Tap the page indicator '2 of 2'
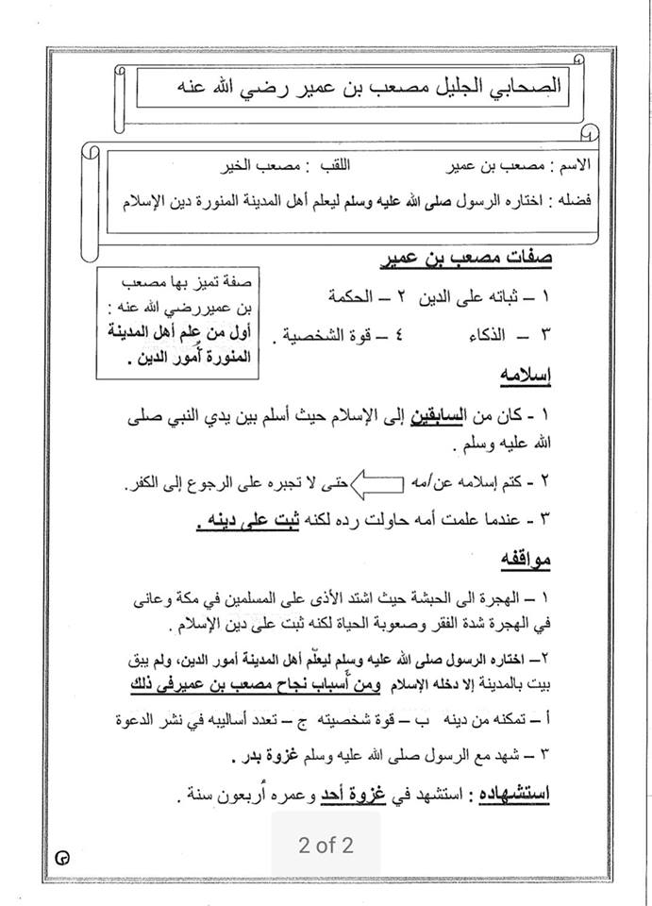[326, 845]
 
